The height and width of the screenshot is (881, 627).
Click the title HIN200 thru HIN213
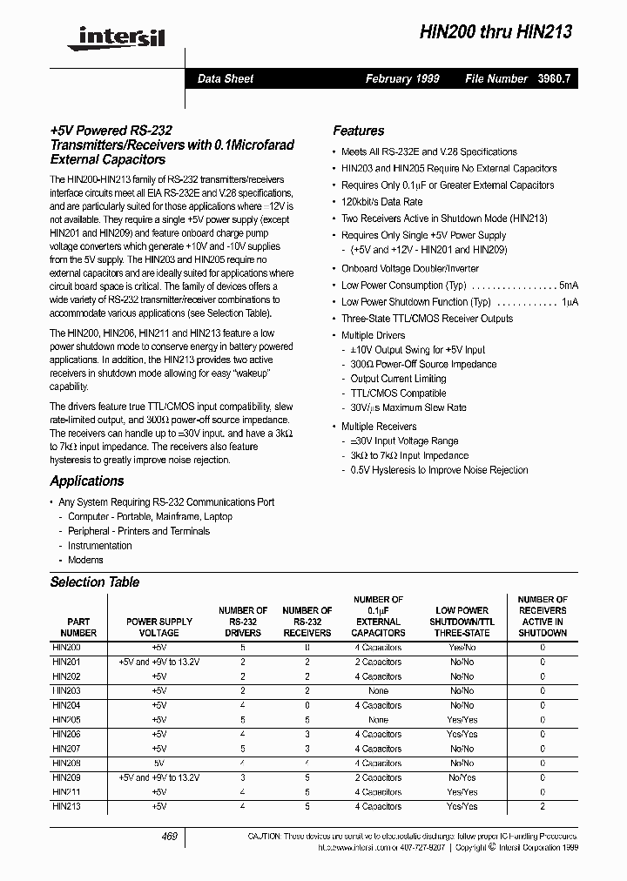[496, 32]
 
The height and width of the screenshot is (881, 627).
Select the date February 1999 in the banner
[402, 78]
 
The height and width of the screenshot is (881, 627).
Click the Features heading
[358, 131]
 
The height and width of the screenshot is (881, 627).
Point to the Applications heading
[87, 481]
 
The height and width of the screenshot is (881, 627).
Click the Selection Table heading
[94, 582]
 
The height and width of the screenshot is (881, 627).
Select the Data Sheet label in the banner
[226, 78]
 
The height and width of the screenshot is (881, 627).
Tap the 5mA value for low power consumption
[569, 286]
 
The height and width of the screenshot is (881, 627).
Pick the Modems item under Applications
[85, 560]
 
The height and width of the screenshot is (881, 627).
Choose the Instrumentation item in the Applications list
[99, 546]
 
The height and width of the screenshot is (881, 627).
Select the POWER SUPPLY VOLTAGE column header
[159, 627]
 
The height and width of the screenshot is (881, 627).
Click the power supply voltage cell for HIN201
[159, 662]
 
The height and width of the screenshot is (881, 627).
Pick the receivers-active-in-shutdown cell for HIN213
[543, 807]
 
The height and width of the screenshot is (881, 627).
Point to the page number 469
[170, 836]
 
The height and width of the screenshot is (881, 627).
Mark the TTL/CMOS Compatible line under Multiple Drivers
[398, 393]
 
